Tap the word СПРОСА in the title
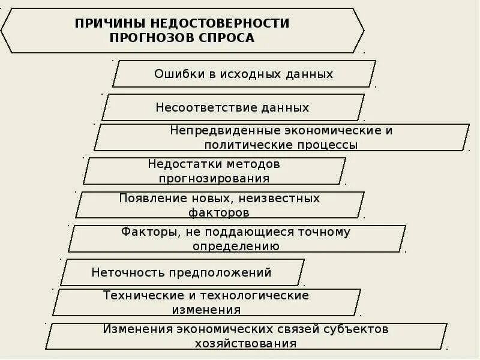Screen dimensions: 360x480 231,38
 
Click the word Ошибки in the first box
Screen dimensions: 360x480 176,74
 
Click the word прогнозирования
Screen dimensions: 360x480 214,178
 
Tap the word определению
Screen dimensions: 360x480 236,246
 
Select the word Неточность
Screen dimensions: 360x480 127,272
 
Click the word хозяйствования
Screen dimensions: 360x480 245,344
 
